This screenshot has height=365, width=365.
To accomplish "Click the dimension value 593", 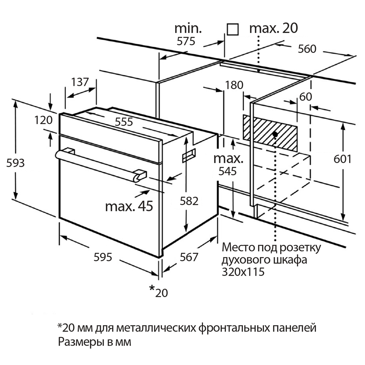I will (16, 163).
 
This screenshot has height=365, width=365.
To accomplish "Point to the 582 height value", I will (189, 201).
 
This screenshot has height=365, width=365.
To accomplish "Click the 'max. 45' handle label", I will (129, 206).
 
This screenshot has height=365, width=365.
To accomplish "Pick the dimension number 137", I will (80, 82).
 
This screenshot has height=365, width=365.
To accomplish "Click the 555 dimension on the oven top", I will (124, 122).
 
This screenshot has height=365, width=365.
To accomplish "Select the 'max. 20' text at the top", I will (274, 28).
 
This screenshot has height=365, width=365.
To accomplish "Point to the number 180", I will (234, 85).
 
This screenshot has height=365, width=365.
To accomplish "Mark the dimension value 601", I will (342, 159).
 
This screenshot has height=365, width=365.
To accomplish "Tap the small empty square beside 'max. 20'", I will (233, 29).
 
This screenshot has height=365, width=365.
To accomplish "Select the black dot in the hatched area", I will (275, 134).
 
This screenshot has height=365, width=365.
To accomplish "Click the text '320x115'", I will (243, 272).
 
